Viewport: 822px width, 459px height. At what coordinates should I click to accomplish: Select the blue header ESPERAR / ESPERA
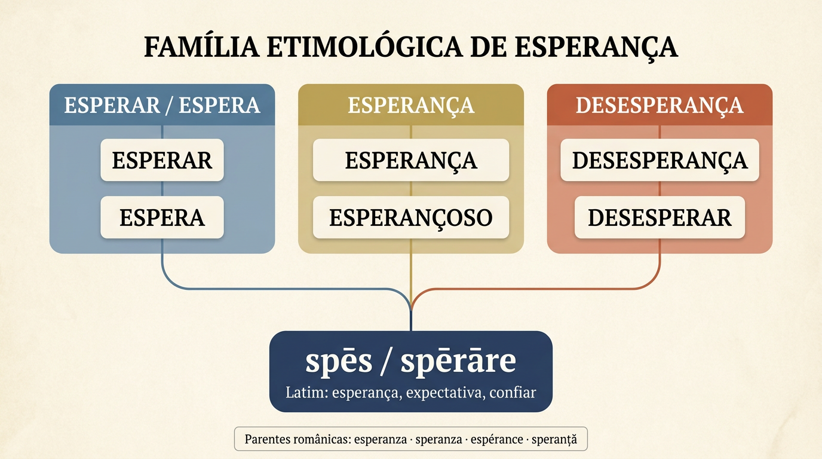coord(162,105)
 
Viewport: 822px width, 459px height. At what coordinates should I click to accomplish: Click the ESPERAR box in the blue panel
coord(162,160)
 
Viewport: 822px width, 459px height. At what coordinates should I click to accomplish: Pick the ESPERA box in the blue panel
coord(162,218)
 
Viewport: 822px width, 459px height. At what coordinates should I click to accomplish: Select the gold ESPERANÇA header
coord(411,105)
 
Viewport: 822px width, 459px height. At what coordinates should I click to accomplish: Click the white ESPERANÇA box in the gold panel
coord(411,160)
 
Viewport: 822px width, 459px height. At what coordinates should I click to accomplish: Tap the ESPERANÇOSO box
coord(411,218)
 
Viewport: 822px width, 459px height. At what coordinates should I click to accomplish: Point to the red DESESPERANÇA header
coord(660,105)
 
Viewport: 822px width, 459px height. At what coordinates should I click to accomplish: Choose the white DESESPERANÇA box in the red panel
coord(660,160)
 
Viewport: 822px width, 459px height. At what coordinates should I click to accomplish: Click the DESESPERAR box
coord(660,218)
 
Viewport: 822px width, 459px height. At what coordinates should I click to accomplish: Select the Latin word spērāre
coord(458,361)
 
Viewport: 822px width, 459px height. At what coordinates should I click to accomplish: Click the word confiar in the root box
coord(513,393)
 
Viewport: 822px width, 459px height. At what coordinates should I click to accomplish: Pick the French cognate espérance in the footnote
coord(497,439)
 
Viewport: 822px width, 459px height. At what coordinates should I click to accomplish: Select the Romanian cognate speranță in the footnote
coord(554,439)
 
